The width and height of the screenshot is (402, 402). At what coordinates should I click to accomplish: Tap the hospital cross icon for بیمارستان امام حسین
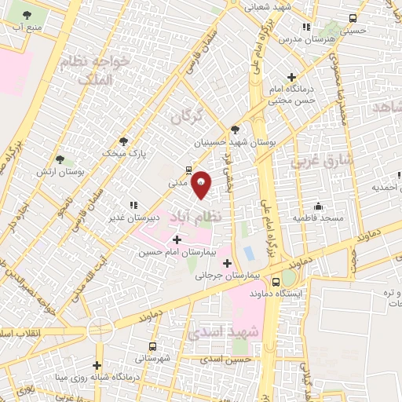coord(176,239)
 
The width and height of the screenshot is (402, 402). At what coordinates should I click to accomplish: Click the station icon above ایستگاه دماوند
coord(276,280)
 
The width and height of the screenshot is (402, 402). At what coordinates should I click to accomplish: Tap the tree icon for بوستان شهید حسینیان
coord(235,130)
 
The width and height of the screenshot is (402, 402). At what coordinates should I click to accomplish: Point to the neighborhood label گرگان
coord(187,115)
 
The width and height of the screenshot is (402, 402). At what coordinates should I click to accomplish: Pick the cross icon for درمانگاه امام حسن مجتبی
coord(292,78)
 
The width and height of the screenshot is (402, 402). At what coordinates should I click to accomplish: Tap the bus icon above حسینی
coord(353,18)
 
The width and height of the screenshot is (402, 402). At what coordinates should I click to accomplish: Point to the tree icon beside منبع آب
coord(28,15)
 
